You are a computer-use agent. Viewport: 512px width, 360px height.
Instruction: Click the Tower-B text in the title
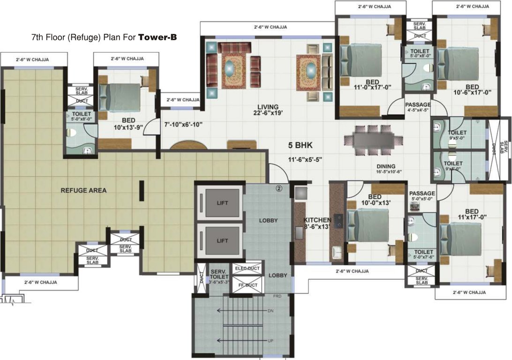[158, 37]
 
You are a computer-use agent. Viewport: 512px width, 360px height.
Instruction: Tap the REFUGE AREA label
[83, 190]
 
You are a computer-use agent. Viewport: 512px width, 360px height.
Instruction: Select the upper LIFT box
[222, 202]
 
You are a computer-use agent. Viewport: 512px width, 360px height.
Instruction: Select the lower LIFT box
[222, 240]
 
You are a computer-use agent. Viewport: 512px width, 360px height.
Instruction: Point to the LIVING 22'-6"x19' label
[267, 110]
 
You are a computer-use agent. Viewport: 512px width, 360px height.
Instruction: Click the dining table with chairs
[373, 140]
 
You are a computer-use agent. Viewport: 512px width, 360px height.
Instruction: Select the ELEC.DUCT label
[247, 269]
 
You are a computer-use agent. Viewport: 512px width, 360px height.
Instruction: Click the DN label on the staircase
[270, 311]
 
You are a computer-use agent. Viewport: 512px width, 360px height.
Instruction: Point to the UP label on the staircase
[270, 341]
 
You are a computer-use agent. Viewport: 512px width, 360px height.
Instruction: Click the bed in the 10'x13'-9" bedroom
[119, 97]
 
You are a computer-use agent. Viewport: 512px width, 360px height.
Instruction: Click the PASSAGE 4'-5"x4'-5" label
[418, 107]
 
